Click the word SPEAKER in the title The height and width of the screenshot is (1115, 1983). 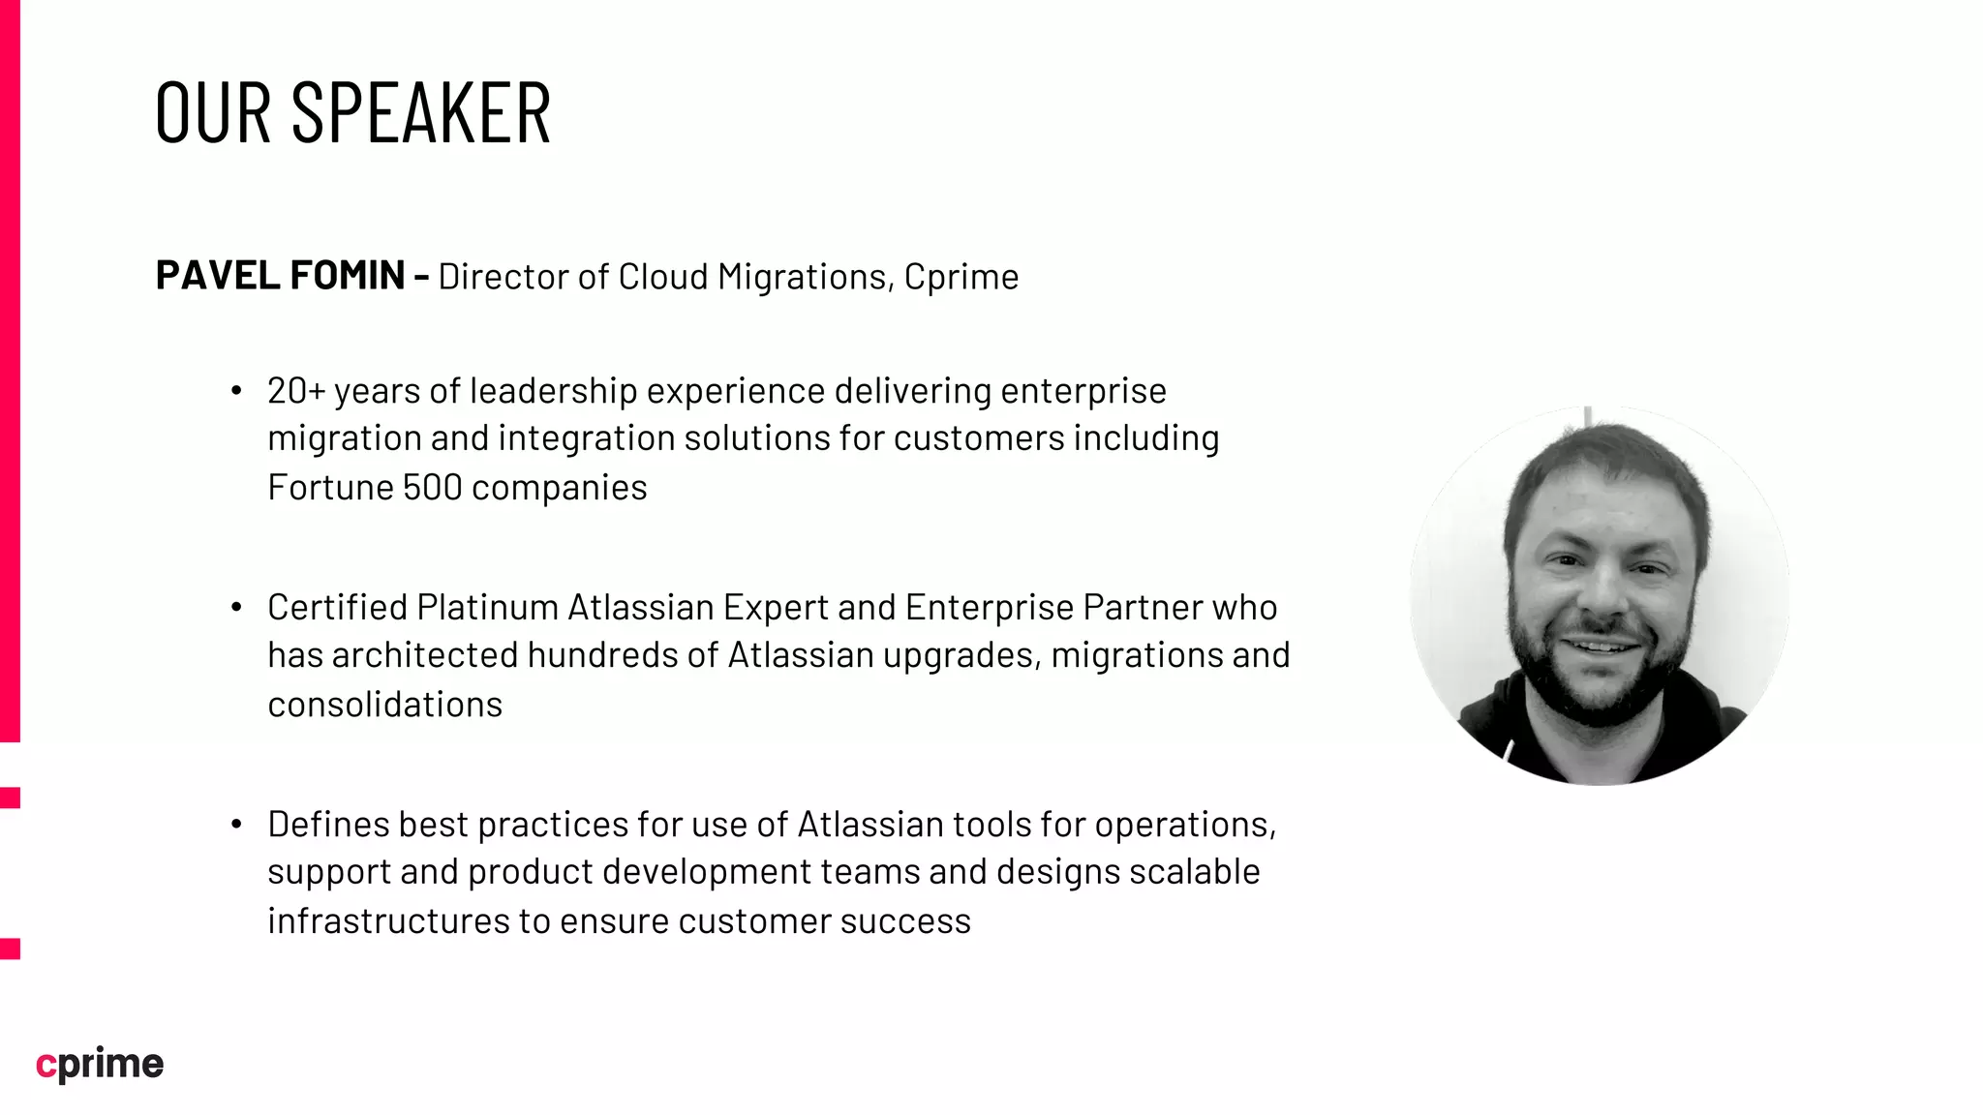click(421, 113)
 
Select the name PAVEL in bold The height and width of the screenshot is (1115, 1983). click(218, 276)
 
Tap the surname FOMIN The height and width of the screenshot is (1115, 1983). click(348, 276)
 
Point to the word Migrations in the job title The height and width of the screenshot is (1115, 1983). click(803, 278)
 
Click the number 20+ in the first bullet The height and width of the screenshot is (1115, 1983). click(296, 391)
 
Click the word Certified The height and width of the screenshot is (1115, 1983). click(338, 608)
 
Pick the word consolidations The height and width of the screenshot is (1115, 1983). click(385, 705)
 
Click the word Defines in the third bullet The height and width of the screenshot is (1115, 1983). click(328, 825)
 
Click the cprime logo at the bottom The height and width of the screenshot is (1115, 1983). click(100, 1064)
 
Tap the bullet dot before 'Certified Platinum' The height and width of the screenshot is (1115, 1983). click(236, 608)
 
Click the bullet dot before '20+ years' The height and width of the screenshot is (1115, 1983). click(236, 391)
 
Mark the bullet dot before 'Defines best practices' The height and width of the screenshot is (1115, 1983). click(236, 825)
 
